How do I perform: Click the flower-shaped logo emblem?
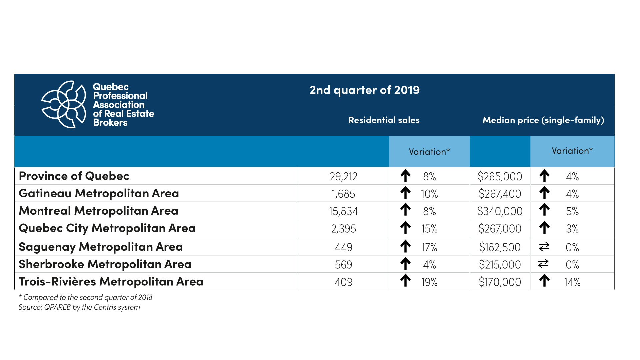[63, 104]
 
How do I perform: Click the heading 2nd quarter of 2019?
[364, 90]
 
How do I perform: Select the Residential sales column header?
[384, 120]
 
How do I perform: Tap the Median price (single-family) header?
[543, 120]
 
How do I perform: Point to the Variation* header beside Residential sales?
[429, 152]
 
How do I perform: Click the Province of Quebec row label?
[74, 176]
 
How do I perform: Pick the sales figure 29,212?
[343, 176]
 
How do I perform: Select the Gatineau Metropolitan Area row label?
[99, 193]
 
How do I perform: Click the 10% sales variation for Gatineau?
[429, 194]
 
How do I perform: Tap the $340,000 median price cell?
[500, 211]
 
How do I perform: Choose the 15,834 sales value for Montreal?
[343, 211]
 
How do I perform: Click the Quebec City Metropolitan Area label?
[107, 228]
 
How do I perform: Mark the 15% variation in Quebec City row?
[429, 229]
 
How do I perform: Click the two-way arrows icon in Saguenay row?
[544, 247]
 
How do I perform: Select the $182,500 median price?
[500, 247]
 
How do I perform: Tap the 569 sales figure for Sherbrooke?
[343, 265]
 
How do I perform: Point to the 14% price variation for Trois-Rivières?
[572, 282]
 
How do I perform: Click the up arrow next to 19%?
[405, 280]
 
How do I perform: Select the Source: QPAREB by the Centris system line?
[79, 307]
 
